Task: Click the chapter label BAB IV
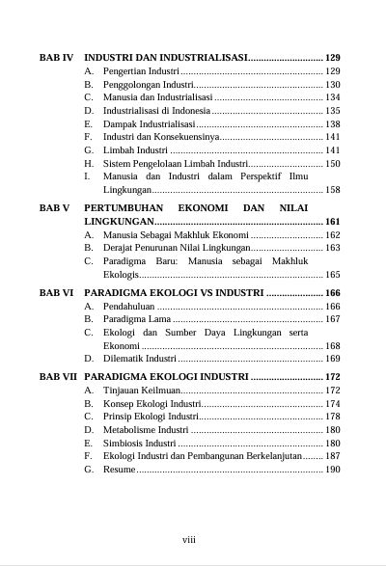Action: pyautogui.click(x=56, y=58)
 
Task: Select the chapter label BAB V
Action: pyautogui.click(x=54, y=207)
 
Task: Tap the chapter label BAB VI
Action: pyautogui.click(x=56, y=292)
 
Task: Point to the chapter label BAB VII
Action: pyautogui.click(x=58, y=377)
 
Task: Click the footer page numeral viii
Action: pyautogui.click(x=189, y=539)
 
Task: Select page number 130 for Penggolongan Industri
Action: pyautogui.click(x=332, y=85)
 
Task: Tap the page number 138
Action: pyautogui.click(x=332, y=124)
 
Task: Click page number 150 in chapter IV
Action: pyautogui.click(x=332, y=164)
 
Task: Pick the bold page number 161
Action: pyautogui.click(x=332, y=222)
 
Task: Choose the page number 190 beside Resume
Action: pyautogui.click(x=332, y=470)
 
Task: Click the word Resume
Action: pyautogui.click(x=120, y=470)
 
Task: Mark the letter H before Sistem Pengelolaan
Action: pyautogui.click(x=89, y=164)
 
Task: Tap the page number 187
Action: pyautogui.click(x=332, y=456)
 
